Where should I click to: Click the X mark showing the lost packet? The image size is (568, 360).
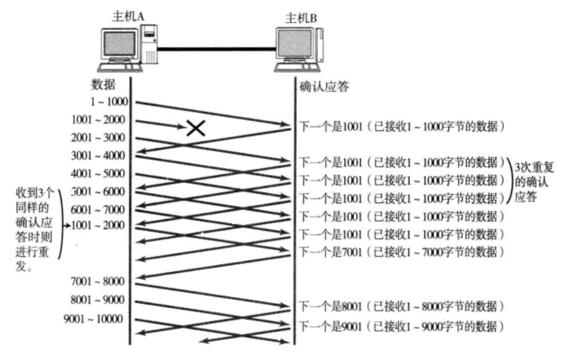pos(195,128)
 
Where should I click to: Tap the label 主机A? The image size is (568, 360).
pos(128,17)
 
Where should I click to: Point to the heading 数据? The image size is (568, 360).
pos(102,84)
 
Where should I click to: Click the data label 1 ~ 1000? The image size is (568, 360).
pos(106,103)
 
